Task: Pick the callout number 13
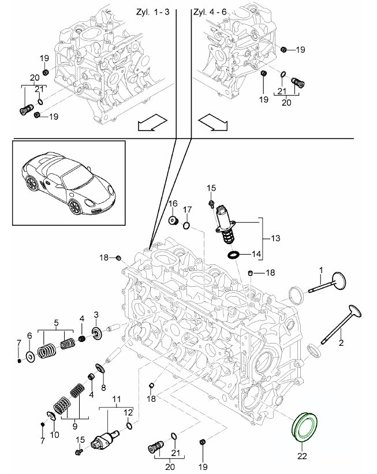[x=273, y=237]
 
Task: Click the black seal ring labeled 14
[x=234, y=254]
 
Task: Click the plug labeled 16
[x=172, y=220]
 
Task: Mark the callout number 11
[x=116, y=399]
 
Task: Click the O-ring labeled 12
[x=128, y=426]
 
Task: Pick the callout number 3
[x=96, y=314]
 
